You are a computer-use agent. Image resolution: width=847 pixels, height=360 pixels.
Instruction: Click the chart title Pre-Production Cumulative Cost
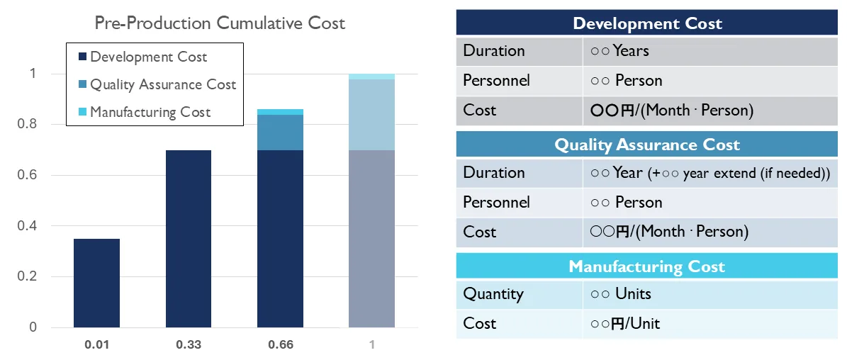220,23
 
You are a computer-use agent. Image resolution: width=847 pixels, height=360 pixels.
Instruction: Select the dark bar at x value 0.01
96,283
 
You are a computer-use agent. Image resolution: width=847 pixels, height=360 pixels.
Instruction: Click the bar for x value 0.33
188,238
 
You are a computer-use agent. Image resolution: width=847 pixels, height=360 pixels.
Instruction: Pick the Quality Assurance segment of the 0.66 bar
280,133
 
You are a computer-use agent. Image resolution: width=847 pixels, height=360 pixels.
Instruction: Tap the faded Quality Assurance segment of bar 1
371,114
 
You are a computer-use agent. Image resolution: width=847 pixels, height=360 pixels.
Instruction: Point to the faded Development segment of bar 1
371,238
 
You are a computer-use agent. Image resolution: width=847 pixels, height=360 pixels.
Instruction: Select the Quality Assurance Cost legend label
163,84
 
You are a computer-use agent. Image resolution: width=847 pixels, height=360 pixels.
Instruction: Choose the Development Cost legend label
149,57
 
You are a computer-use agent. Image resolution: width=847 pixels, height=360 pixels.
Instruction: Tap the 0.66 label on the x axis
280,345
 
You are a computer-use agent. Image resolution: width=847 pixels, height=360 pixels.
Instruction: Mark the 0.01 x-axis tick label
96,345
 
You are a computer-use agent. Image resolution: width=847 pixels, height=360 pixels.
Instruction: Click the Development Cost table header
647,23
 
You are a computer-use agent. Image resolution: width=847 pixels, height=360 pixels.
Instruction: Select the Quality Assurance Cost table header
647,145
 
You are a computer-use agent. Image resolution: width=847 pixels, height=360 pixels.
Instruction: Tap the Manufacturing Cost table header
647,266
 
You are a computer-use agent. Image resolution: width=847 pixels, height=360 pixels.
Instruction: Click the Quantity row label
493,293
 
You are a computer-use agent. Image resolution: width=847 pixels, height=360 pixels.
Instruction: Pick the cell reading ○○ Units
620,293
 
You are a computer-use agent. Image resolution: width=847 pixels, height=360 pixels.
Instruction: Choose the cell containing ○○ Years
619,51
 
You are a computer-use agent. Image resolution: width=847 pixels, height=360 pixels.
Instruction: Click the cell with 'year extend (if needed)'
709,173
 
